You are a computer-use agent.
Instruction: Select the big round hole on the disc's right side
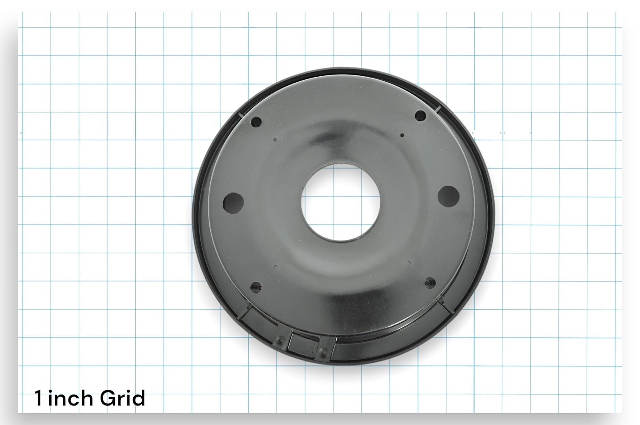click(x=448, y=195)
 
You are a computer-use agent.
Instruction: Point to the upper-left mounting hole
click(x=256, y=122)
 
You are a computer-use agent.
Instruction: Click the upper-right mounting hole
click(x=420, y=115)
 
